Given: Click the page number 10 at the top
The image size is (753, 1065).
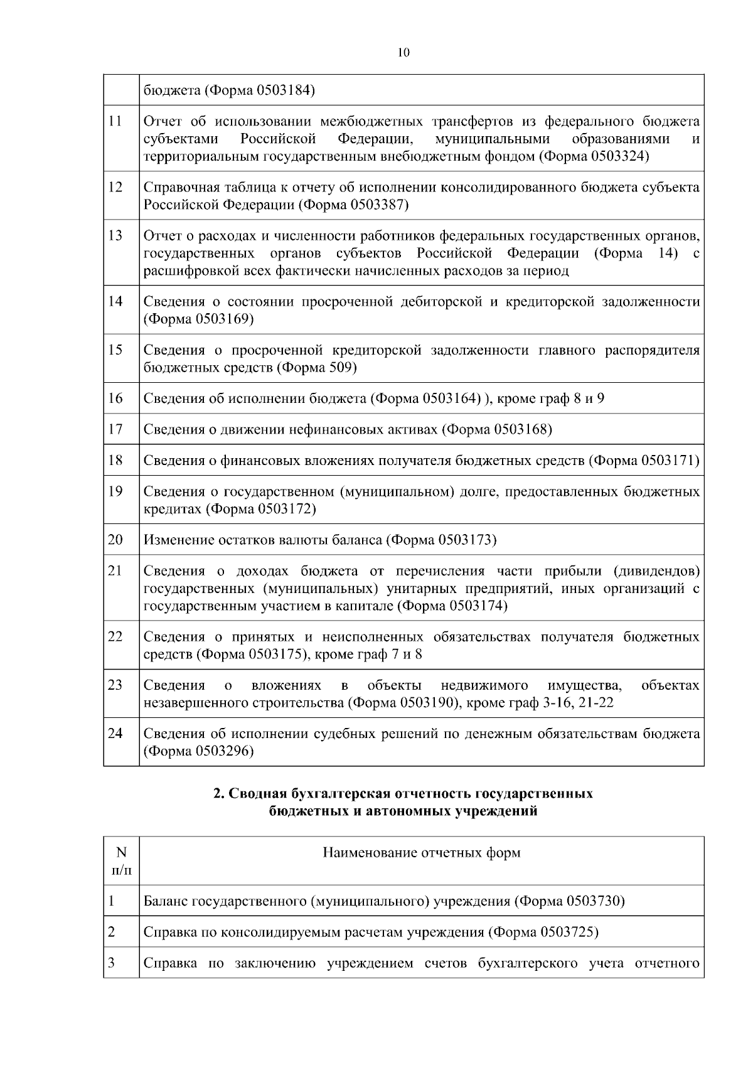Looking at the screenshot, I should point(403,53).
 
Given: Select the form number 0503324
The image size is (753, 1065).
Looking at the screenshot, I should point(619,156).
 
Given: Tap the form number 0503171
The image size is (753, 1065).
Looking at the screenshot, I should point(668,461).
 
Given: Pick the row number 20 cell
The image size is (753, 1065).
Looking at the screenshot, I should point(115,540).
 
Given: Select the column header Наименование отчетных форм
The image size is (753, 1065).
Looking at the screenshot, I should point(421,853).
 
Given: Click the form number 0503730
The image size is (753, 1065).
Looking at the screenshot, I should point(594,902).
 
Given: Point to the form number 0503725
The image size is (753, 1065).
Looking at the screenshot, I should point(568,933).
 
